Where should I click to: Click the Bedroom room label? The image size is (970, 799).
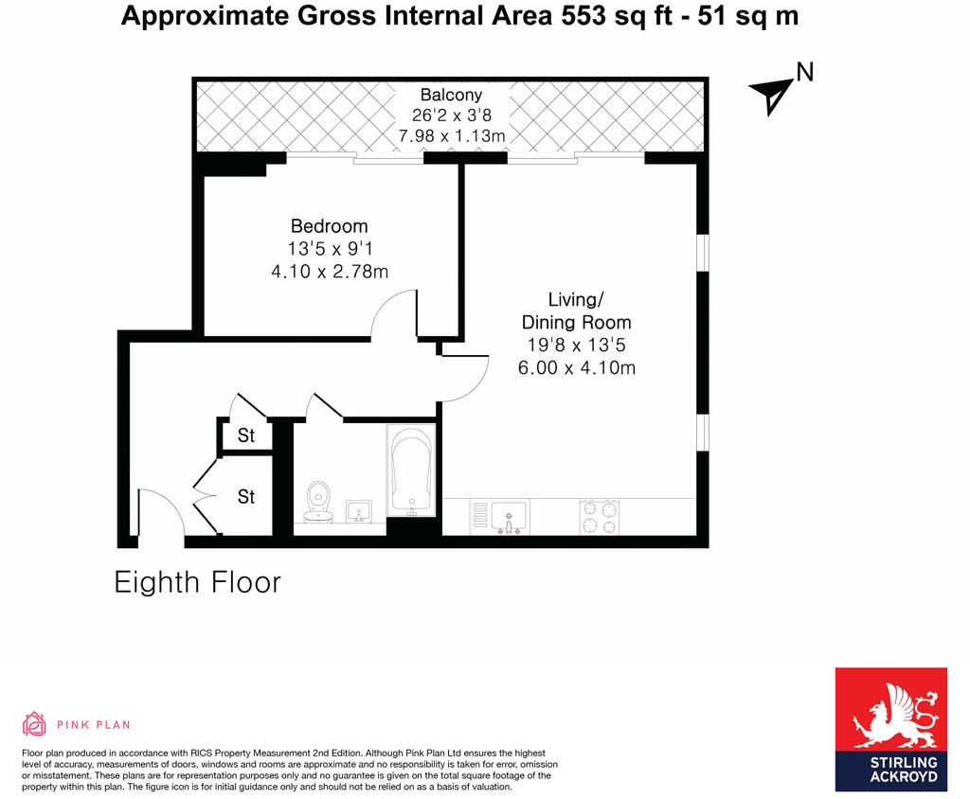(329, 226)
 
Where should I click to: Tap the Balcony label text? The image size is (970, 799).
(451, 95)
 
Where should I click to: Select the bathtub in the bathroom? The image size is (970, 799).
(411, 470)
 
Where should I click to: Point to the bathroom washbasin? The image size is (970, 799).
(358, 511)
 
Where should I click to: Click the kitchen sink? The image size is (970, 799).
(509, 517)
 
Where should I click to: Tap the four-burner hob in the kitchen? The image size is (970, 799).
(600, 516)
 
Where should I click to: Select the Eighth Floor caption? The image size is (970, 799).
(197, 582)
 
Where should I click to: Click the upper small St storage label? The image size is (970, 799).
(246, 435)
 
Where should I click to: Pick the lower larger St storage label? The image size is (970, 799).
(246, 496)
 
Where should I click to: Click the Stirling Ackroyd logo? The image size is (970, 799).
(890, 729)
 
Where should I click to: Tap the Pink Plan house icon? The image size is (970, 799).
(34, 723)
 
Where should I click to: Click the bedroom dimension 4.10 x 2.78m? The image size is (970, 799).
(330, 272)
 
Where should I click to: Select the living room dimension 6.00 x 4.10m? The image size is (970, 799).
(577, 368)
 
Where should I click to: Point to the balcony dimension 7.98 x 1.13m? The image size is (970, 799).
(452, 135)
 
